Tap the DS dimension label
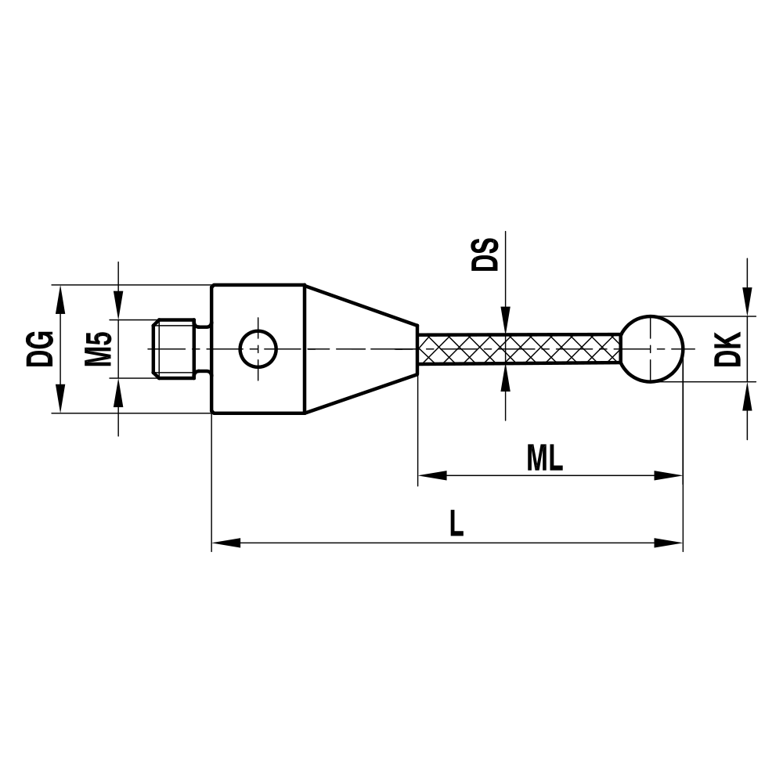(x=485, y=254)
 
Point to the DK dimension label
(x=727, y=348)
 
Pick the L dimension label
(x=456, y=523)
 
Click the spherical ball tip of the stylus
(x=652, y=348)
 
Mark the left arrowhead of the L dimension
(x=226, y=542)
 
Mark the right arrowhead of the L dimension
(x=669, y=542)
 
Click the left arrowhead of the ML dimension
(x=431, y=475)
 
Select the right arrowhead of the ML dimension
(x=669, y=475)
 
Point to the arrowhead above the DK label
(x=748, y=301)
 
